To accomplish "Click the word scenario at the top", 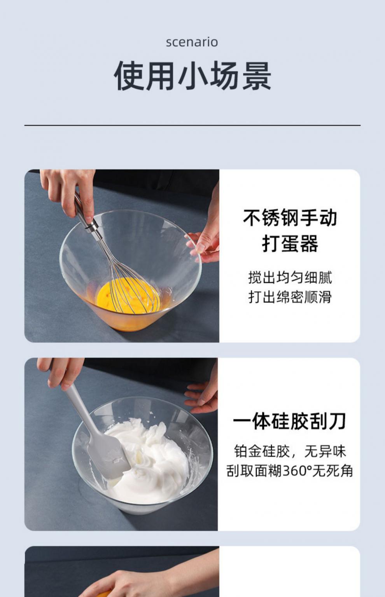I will pos(192,42).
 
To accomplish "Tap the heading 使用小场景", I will pos(192,76).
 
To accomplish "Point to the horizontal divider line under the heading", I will pos(192,125).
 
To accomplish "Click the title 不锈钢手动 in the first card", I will pos(290,218).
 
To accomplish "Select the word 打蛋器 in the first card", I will pos(290,244).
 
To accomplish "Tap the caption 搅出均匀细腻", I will pos(290,278).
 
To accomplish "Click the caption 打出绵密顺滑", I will pos(290,297).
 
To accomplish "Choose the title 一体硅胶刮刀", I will pos(289,421).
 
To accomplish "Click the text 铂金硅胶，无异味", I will pos(290,451).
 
